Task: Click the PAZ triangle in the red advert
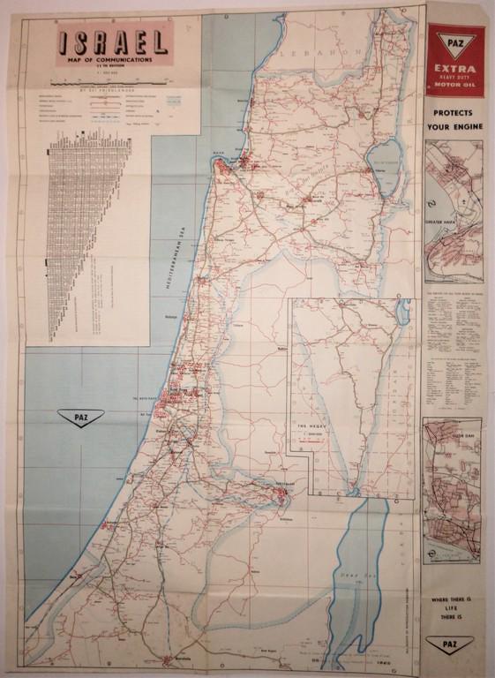pos(454,42)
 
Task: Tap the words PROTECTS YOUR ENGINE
pos(454,121)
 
